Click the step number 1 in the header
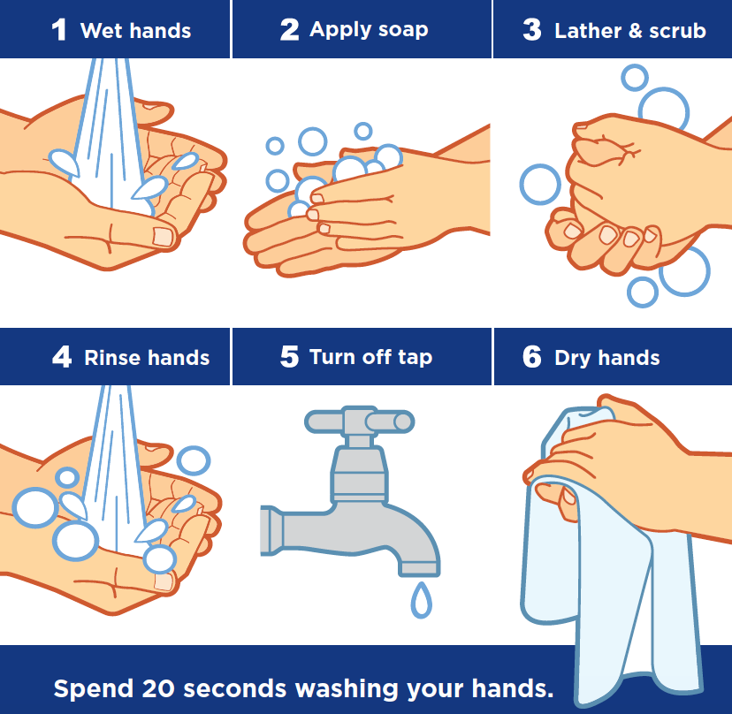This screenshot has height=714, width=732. (59, 30)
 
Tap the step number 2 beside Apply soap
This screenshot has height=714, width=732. (289, 30)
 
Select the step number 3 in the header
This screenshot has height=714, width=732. (532, 30)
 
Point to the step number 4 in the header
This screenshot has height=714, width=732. (62, 357)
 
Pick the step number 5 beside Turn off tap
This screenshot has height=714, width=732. (289, 357)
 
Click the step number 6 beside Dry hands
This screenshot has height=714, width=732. (532, 357)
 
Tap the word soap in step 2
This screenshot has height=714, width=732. (403, 30)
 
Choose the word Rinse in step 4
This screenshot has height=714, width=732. (112, 358)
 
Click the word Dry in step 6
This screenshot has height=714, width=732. (573, 359)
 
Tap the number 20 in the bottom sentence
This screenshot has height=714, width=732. (157, 688)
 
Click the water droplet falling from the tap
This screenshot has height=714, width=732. (421, 600)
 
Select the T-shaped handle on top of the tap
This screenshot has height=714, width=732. (360, 421)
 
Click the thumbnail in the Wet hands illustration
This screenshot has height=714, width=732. (163, 237)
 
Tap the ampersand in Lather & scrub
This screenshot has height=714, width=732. (636, 31)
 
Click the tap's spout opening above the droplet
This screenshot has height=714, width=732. (419, 569)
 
